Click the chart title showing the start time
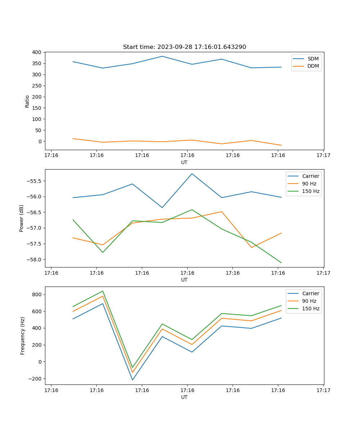[184, 47]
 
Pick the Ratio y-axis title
[27, 101]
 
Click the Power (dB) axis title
[22, 218]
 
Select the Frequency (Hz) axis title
[23, 336]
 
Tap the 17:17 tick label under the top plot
[323, 155]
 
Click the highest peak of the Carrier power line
[192, 174]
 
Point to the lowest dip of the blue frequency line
[132, 380]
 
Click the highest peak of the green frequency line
[103, 291]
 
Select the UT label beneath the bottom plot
[184, 397]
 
